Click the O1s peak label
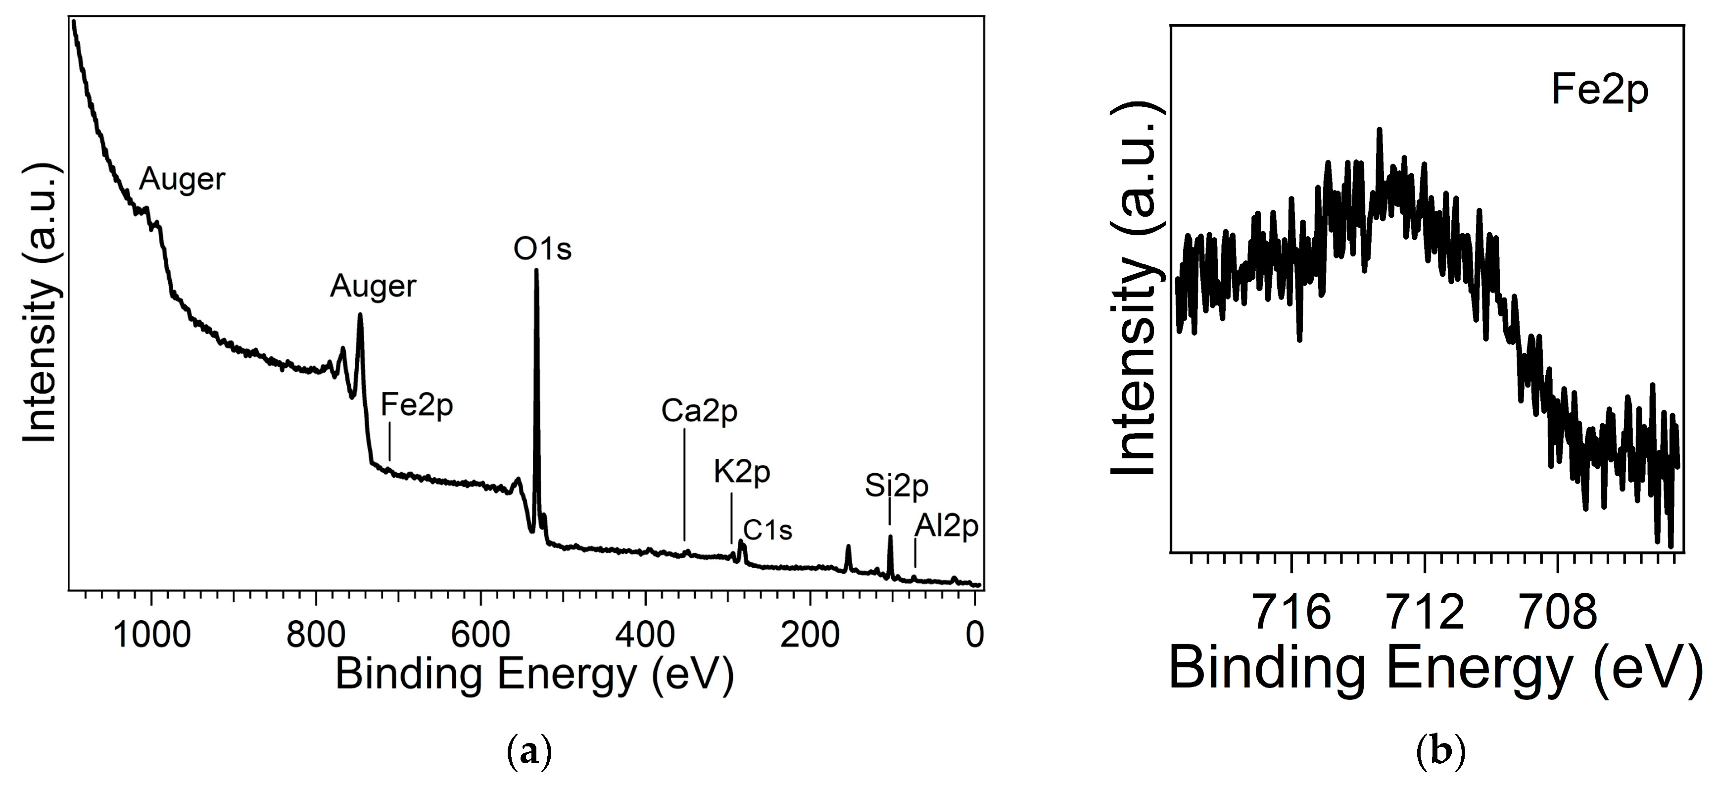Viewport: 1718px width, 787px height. pos(542,249)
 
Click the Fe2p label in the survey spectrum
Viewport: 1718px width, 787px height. pos(417,405)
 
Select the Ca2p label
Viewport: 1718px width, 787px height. pos(699,411)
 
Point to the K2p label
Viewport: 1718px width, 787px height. pos(742,472)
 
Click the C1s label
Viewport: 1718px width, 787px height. pos(767,530)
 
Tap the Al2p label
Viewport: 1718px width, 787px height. pos(946,526)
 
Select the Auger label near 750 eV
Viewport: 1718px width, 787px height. pos(373,286)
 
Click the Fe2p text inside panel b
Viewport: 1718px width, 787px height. pos(1599,91)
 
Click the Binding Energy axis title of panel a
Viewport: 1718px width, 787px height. pos(534,674)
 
